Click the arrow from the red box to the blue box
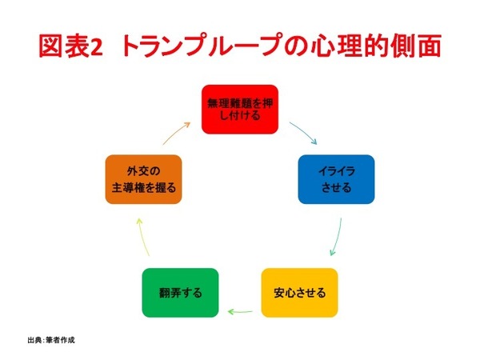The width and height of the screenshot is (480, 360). point(298,129)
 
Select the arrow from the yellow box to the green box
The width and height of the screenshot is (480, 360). point(241,310)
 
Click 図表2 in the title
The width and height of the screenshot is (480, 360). point(72,46)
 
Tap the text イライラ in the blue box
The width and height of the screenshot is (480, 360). point(335,170)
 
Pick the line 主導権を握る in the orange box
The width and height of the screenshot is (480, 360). point(142,188)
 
